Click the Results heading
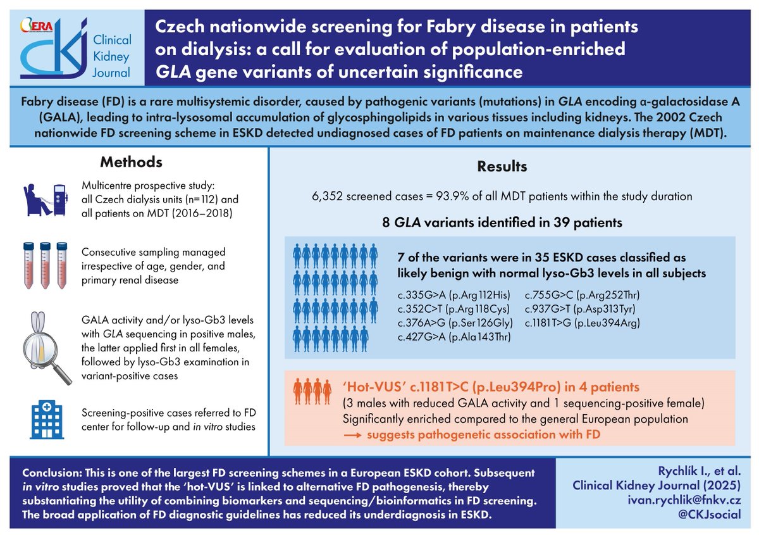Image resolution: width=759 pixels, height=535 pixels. tap(502, 167)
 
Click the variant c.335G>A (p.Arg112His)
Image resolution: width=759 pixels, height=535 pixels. tap(454, 296)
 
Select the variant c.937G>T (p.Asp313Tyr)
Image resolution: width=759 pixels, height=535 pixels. tap(579, 310)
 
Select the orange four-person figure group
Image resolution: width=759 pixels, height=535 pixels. tap(311, 392)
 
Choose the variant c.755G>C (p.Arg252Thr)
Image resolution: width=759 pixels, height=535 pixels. tap(579, 296)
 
